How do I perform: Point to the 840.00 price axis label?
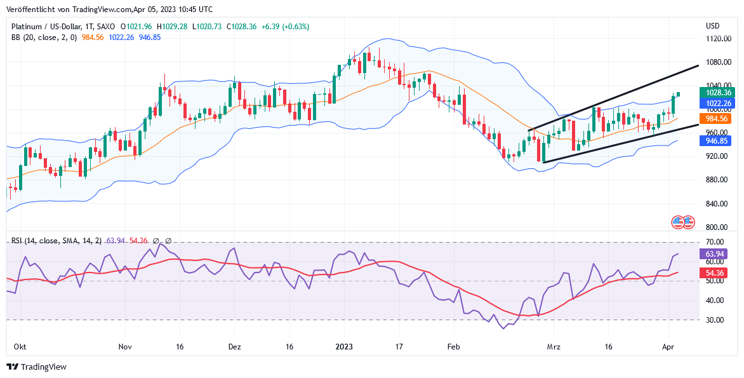click(718, 204)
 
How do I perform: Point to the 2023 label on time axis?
click(344, 347)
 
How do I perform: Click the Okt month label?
click(20, 347)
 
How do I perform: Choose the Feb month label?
click(453, 347)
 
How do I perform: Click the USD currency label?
click(713, 26)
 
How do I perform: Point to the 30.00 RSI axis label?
click(715, 320)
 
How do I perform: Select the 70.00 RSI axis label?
click(715, 242)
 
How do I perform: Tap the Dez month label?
click(234, 347)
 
